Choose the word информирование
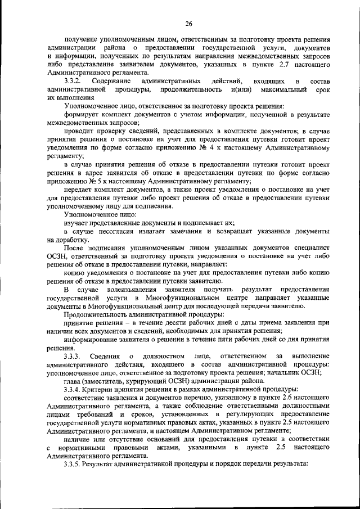pyautogui.click(x=94, y=339)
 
